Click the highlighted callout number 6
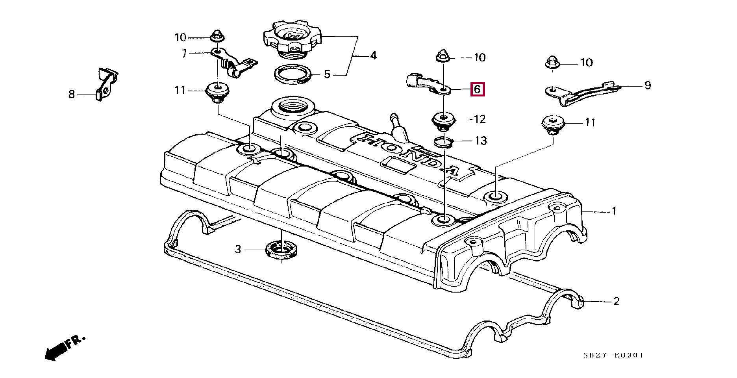[x=477, y=89]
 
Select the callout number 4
[x=373, y=56]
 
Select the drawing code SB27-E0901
[x=613, y=355]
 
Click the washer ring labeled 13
[x=444, y=141]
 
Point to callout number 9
[x=648, y=85]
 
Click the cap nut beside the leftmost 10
[x=216, y=36]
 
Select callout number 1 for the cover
[x=613, y=211]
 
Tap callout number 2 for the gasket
[x=616, y=302]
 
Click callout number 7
[x=184, y=54]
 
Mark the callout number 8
[x=71, y=94]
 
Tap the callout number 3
[x=238, y=250]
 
